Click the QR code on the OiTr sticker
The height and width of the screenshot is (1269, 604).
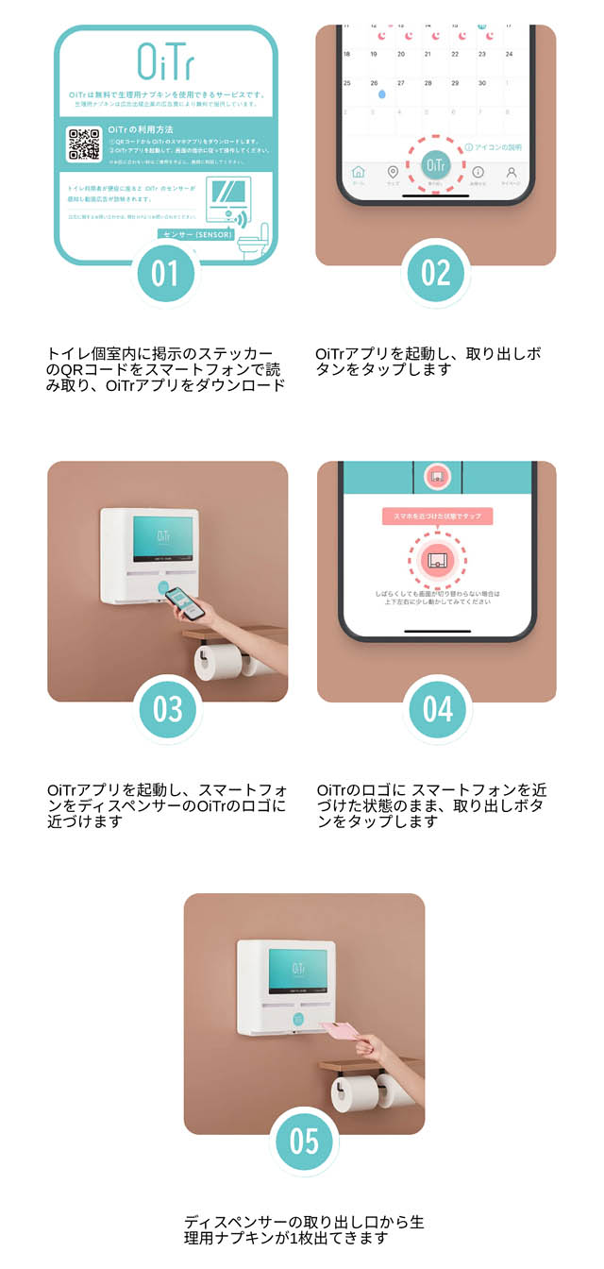pyautogui.click(x=84, y=144)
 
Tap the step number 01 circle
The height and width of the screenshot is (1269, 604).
pyautogui.click(x=165, y=273)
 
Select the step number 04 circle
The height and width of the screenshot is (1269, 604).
pyautogui.click(x=437, y=709)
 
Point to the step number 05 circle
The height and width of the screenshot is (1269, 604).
pyautogui.click(x=304, y=1141)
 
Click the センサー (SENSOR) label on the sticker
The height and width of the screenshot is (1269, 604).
pyautogui.click(x=195, y=234)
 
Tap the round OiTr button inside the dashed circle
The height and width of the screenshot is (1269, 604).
pyautogui.click(x=435, y=165)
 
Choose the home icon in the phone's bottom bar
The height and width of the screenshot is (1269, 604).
pyautogui.click(x=358, y=175)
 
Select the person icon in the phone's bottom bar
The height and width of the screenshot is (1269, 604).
pyautogui.click(x=511, y=175)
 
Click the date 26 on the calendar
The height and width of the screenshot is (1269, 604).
pyautogui.click(x=375, y=83)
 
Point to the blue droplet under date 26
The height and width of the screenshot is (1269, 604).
pyautogui.click(x=381, y=95)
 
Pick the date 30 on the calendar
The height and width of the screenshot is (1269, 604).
pyautogui.click(x=482, y=83)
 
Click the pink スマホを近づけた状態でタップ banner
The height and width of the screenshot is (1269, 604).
pyautogui.click(x=437, y=516)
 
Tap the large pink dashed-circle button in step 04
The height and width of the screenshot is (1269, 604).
pyautogui.click(x=437, y=560)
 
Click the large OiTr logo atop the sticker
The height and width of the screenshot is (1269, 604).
pyautogui.click(x=166, y=60)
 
